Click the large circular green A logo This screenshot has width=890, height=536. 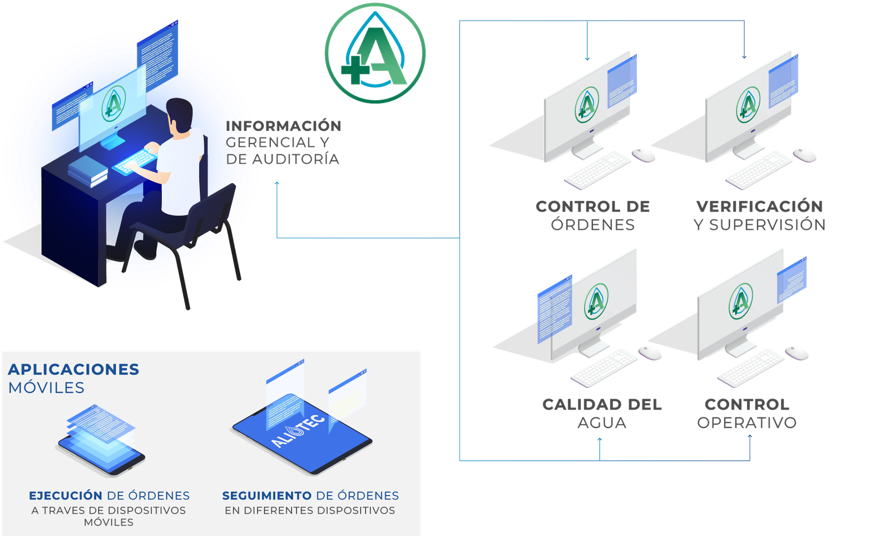(x=375, y=53)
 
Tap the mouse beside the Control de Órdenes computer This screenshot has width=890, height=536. (x=644, y=154)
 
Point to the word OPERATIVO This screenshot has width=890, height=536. (x=747, y=422)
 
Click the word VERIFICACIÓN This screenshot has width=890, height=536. (x=759, y=206)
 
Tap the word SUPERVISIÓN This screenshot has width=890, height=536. (x=767, y=225)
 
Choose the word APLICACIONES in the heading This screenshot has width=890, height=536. (x=73, y=370)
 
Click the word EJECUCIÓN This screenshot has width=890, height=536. (x=66, y=495)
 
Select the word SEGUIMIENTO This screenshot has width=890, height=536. (x=266, y=495)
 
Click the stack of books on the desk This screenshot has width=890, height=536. (x=87, y=170)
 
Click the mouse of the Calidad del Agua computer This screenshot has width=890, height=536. (x=650, y=352)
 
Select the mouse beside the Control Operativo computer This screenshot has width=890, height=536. (x=797, y=352)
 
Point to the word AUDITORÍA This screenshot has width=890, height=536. (x=295, y=159)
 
